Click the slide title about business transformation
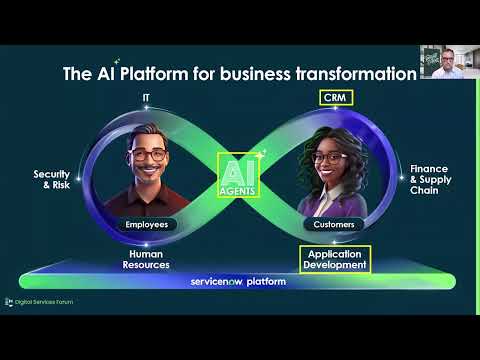[239, 73]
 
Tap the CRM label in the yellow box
[332, 99]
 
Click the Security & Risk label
[51, 178]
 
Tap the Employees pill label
[148, 225]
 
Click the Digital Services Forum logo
[39, 301]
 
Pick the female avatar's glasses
[331, 158]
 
